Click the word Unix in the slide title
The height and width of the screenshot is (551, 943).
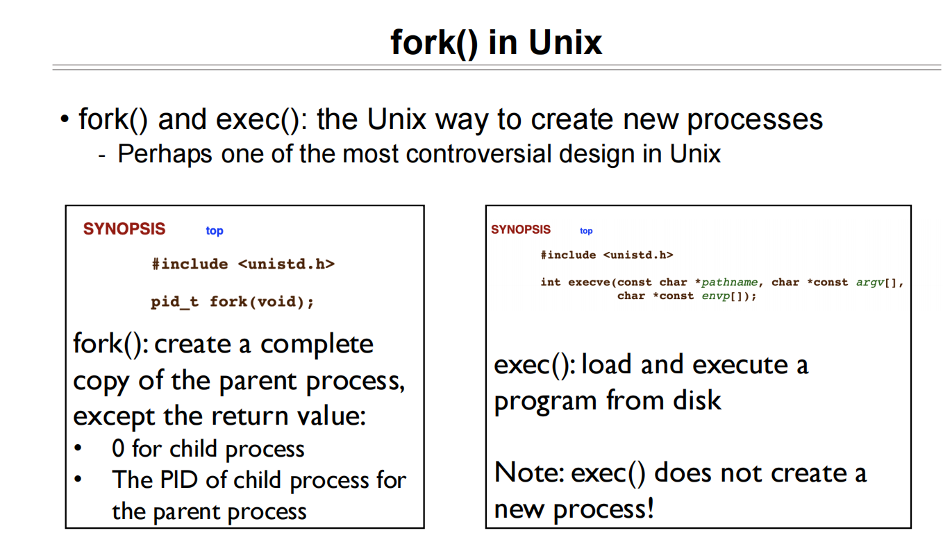(x=565, y=42)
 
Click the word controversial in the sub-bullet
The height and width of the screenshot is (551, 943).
(x=478, y=153)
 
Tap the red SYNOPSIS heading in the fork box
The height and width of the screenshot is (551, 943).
(x=124, y=229)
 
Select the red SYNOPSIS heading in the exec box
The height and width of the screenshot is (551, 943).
(x=521, y=229)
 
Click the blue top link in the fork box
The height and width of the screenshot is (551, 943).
(x=215, y=231)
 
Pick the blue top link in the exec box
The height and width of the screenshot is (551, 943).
(x=586, y=231)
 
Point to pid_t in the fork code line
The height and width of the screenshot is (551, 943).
(x=174, y=302)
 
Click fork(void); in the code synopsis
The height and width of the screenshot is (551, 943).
(x=262, y=302)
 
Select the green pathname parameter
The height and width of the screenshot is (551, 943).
(x=730, y=282)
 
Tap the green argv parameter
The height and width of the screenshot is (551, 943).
(x=870, y=282)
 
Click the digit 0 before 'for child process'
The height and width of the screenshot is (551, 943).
(x=118, y=448)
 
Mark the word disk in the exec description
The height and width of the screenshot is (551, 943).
(x=696, y=400)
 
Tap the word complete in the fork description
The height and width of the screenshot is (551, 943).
(x=317, y=345)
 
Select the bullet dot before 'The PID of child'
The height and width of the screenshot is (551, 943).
(x=78, y=479)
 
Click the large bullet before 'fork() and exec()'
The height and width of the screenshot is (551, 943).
(x=65, y=119)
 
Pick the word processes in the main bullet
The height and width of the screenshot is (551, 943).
(x=755, y=120)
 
